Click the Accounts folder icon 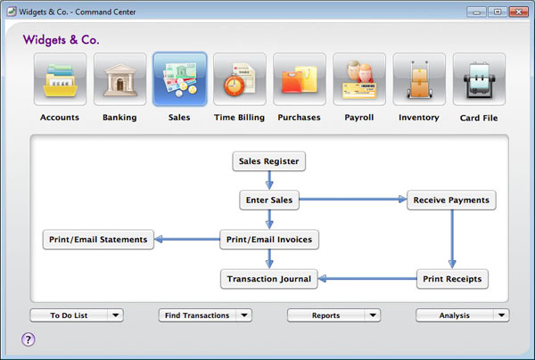pyautogui.click(x=60, y=79)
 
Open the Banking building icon pyautogui.click(x=120, y=79)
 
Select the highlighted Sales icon pyautogui.click(x=180, y=79)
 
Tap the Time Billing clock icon pyautogui.click(x=240, y=79)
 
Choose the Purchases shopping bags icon pyautogui.click(x=300, y=79)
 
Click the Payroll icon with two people pyautogui.click(x=359, y=79)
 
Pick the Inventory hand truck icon pyautogui.click(x=419, y=79)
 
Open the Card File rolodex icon pyautogui.click(x=479, y=79)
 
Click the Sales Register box pyautogui.click(x=269, y=161)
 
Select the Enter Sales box pyautogui.click(x=269, y=200)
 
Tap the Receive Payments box pyautogui.click(x=451, y=200)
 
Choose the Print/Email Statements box pyautogui.click(x=98, y=240)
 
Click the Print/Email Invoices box pyautogui.click(x=269, y=240)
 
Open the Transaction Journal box pyautogui.click(x=269, y=279)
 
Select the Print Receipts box pyautogui.click(x=452, y=279)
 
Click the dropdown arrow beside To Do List pyautogui.click(x=116, y=315)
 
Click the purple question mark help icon pyautogui.click(x=29, y=340)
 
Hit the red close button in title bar pyautogui.click(x=519, y=12)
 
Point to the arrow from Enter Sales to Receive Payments pyautogui.click(x=353, y=199)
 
